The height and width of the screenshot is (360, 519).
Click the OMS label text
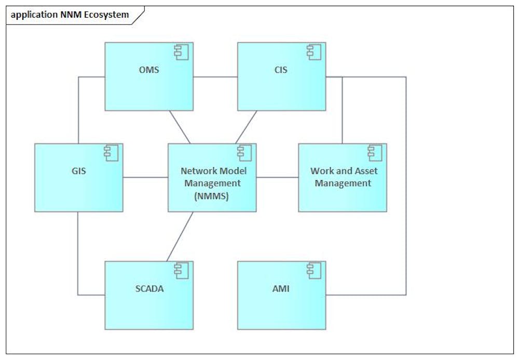pyautogui.click(x=149, y=70)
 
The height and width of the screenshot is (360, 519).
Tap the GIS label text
pyautogui.click(x=79, y=170)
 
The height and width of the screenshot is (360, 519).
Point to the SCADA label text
pyautogui.click(x=149, y=288)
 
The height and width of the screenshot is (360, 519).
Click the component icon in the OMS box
pyautogui.click(x=181, y=51)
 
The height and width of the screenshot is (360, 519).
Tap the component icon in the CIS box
pyautogui.click(x=313, y=51)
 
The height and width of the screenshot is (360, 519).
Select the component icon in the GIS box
pyautogui.click(x=111, y=152)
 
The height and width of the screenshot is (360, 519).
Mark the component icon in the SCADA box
pyautogui.click(x=181, y=270)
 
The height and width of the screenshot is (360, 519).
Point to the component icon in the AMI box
pyautogui.click(x=313, y=270)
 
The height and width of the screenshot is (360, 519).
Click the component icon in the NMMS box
pyautogui.click(x=244, y=152)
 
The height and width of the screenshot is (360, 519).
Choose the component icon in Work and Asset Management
pyautogui.click(x=374, y=152)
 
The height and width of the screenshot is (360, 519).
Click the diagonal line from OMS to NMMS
pyautogui.click(x=180, y=127)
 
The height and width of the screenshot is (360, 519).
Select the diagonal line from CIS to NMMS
pyautogui.click(x=246, y=127)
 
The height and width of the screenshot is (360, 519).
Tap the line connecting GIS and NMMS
pyautogui.click(x=145, y=178)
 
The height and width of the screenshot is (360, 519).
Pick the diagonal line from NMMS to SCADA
pyautogui.click(x=180, y=236)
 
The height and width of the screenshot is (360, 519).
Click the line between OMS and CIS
pyautogui.click(x=215, y=77)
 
